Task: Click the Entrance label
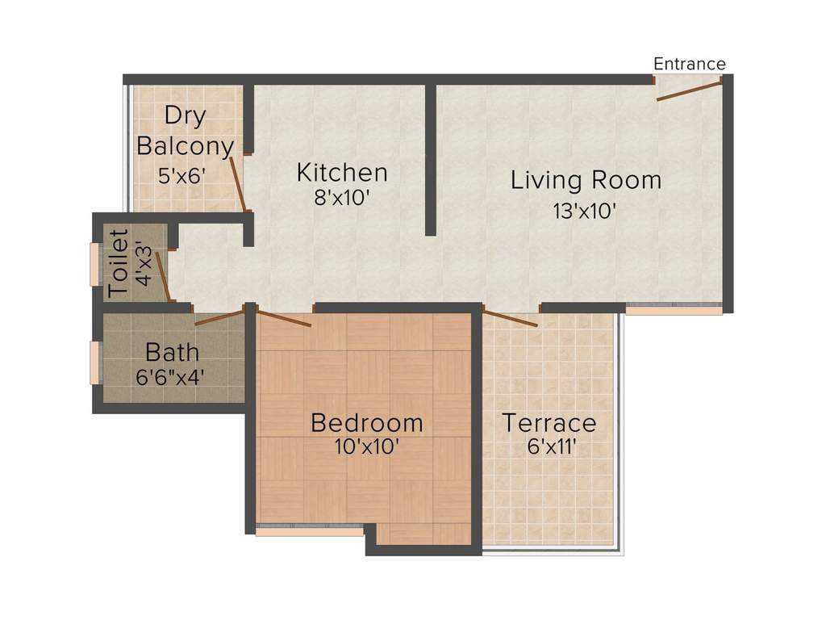(x=689, y=64)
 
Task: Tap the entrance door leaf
(x=689, y=90)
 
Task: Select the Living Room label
(x=586, y=179)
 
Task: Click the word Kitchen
(x=342, y=172)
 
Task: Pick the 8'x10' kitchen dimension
(x=342, y=198)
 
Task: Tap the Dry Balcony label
(x=185, y=130)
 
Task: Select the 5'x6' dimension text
(x=183, y=175)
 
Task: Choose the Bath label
(x=172, y=352)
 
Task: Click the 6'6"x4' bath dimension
(x=172, y=375)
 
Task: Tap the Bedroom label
(x=366, y=422)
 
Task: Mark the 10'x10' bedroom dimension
(x=367, y=446)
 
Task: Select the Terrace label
(x=549, y=422)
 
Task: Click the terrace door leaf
(x=510, y=317)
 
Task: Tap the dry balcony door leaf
(x=237, y=184)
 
